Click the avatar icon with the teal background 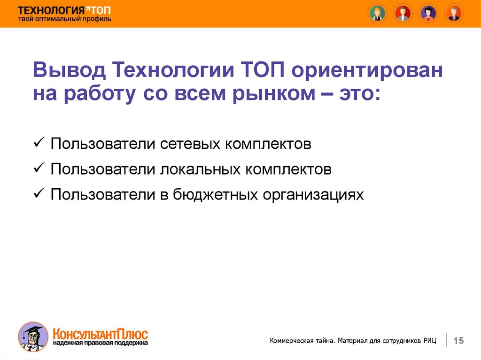(377, 14)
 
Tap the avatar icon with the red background (403, 14)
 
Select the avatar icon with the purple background (428, 14)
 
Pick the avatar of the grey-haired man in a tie (454, 14)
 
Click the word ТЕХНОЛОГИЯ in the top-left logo (51, 10)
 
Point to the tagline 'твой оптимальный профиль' (64, 19)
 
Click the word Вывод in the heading (70, 69)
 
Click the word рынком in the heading (274, 93)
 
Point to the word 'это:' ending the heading (360, 93)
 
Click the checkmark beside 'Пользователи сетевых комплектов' (39, 143)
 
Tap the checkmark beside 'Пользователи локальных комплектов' (39, 168)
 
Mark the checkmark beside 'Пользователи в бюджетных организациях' (39, 193)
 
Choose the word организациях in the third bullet (313, 195)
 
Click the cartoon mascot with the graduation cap (33, 337)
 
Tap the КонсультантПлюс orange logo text (101, 334)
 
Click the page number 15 (458, 340)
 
